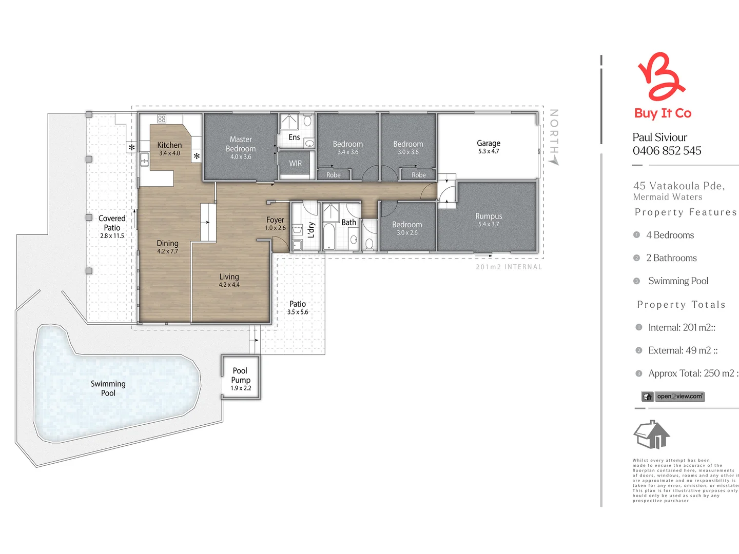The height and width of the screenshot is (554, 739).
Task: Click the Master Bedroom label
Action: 241,144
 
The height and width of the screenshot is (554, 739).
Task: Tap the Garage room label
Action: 488,144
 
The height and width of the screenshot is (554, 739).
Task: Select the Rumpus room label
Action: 489,216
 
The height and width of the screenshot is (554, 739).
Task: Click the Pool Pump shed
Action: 240,378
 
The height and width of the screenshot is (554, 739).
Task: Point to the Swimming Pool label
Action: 108,388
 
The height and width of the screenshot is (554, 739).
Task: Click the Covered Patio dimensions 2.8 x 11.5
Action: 112,236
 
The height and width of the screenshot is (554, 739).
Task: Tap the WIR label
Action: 296,164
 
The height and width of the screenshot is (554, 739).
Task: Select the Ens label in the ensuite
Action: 294,137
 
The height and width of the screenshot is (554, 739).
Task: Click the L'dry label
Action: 311,230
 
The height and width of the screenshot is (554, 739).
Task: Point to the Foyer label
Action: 275,220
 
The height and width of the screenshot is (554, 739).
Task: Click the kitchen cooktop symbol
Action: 162,119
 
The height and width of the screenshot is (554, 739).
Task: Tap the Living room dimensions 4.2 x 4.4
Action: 229,285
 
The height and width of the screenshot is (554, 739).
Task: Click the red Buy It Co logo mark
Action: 661,77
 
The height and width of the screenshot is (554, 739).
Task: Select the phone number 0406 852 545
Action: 667,151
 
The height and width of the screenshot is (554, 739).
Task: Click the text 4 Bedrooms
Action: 670,235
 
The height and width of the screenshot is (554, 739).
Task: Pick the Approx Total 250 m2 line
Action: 692,373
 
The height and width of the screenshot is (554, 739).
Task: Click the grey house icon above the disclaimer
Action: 652,435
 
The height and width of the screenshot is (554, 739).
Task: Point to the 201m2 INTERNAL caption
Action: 509,267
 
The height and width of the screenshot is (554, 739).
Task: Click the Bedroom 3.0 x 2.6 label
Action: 407,228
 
